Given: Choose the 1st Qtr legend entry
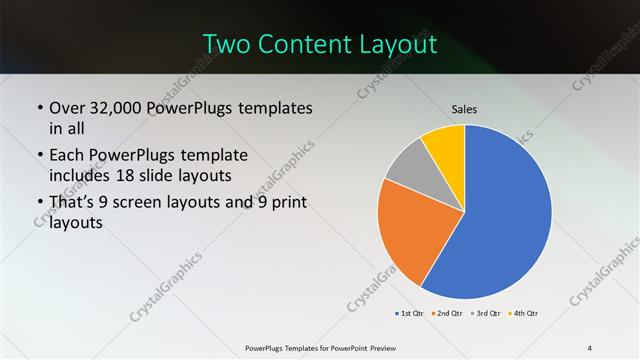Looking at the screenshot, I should point(410,314).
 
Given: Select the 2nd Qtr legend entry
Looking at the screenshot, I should point(446,314).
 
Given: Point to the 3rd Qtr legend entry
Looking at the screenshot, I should point(485,314).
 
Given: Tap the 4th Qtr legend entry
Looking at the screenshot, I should point(523,314).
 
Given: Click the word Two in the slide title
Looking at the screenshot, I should point(225,44).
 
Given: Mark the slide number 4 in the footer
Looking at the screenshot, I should point(590,347).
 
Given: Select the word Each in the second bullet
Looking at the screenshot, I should point(66,155).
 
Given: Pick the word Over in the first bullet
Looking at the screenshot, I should point(67,107).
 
